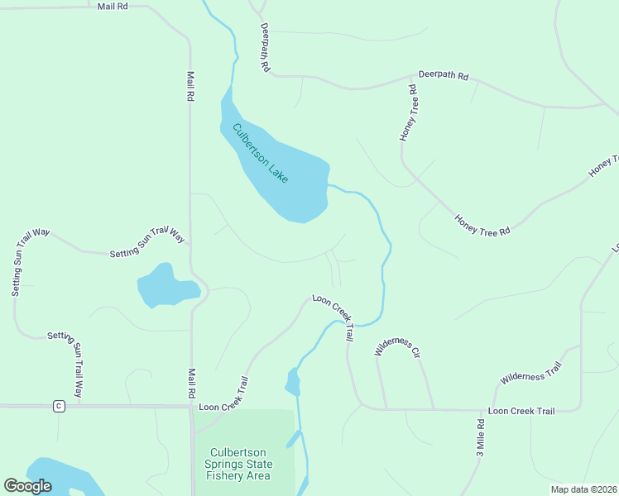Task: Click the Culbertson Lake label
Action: (261, 154)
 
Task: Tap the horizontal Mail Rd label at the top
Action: (113, 6)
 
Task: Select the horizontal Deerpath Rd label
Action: (444, 75)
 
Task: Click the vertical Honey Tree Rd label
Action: (409, 112)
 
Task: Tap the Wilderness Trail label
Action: (530, 373)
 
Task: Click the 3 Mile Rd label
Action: (480, 438)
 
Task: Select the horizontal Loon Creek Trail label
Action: (521, 410)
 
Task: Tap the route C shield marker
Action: (58, 406)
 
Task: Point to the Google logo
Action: (27, 486)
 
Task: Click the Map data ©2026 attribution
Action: (583, 489)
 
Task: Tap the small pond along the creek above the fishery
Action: (291, 381)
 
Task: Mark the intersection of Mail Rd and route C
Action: (192, 406)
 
